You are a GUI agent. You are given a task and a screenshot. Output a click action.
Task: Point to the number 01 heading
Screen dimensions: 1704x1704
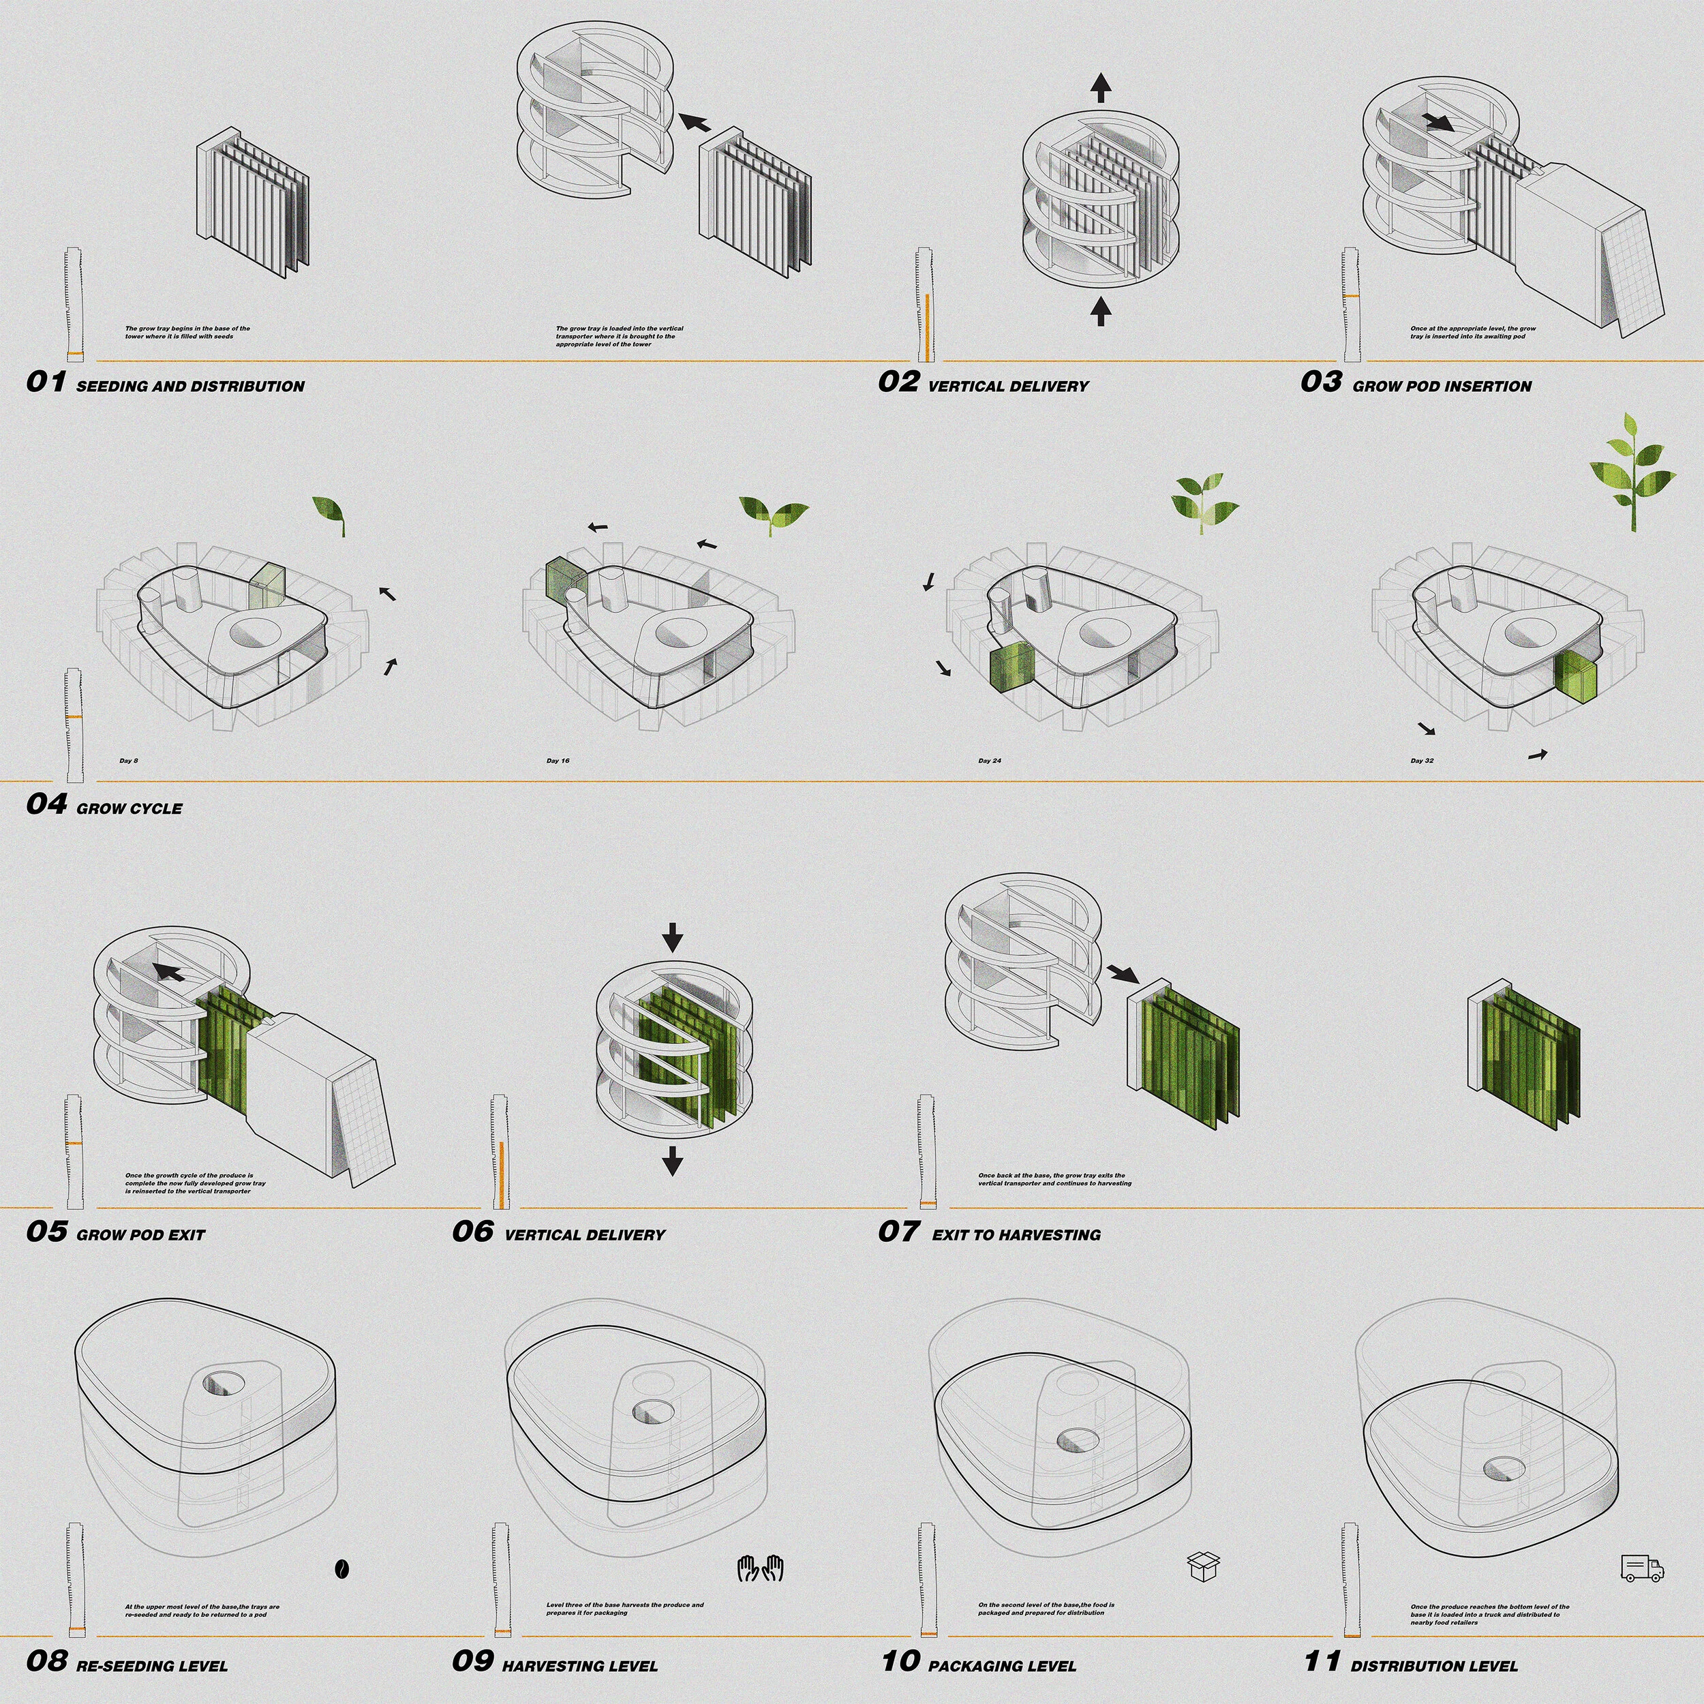[46, 382]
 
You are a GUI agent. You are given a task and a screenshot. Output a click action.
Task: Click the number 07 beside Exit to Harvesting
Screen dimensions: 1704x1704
[898, 1231]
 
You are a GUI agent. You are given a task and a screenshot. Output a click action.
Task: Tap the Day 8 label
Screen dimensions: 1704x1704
[129, 760]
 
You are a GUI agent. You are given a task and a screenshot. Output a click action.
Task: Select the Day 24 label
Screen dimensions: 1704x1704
[990, 760]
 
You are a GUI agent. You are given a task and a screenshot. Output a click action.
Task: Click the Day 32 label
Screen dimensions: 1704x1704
[1422, 760]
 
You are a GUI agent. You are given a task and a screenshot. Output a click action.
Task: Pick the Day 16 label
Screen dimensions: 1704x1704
[558, 760]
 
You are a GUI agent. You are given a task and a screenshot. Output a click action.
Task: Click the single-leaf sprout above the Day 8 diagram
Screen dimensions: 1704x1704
[330, 514]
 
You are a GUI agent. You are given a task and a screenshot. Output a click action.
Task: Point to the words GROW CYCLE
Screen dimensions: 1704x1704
[130, 809]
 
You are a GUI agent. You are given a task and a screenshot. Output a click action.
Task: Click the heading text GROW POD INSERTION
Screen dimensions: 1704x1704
[1442, 386]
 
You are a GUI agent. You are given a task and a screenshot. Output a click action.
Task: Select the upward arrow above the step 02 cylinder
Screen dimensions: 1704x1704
[1100, 87]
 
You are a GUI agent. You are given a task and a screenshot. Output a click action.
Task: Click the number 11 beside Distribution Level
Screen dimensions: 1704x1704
[1322, 1662]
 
